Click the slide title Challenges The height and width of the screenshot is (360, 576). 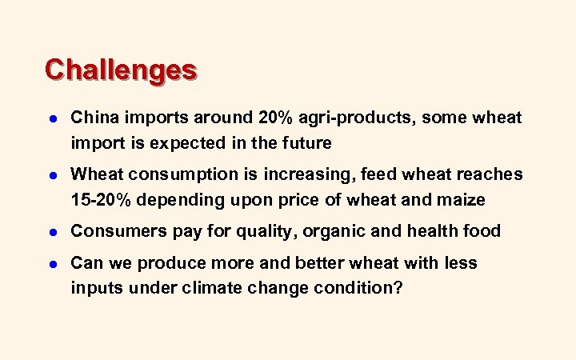(x=120, y=70)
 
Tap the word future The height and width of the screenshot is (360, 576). (x=305, y=143)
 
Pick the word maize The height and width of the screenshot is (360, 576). (x=457, y=199)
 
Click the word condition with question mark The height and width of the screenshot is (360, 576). (x=354, y=287)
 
